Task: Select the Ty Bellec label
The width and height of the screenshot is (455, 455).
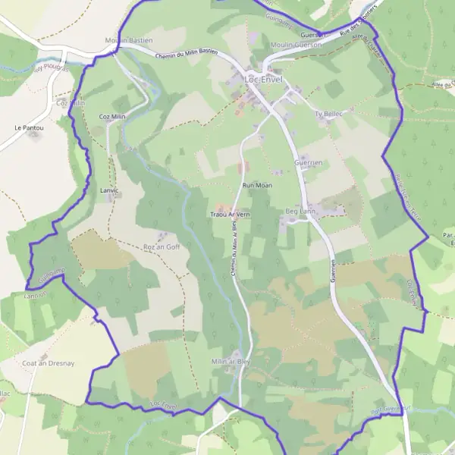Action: pos(329,114)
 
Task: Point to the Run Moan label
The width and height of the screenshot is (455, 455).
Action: pos(257,185)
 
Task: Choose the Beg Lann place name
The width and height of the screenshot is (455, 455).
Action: pos(300,212)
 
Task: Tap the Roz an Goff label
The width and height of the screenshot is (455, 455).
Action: pos(162,247)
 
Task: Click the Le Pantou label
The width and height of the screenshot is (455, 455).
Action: pos(29,128)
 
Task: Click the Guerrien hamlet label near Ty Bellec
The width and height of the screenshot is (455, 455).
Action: pos(309,162)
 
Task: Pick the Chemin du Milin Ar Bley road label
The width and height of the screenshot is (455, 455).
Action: pos(234,244)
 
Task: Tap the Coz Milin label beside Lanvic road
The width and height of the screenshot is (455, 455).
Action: pos(112,117)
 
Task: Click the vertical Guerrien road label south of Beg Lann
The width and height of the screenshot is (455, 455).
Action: pos(333,270)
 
